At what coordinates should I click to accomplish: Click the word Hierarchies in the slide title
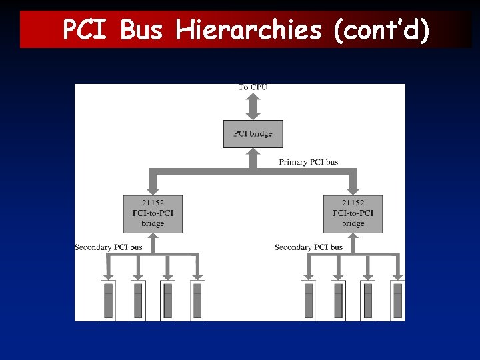[249, 30]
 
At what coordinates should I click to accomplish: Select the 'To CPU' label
[253, 87]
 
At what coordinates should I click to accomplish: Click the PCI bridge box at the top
[253, 133]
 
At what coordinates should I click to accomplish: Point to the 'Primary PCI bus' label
[308, 162]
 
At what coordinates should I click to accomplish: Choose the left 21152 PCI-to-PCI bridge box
[153, 213]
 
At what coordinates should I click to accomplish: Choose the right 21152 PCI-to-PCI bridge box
[353, 213]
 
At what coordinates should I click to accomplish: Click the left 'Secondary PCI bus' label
[109, 247]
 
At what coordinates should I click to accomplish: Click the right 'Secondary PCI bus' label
[309, 247]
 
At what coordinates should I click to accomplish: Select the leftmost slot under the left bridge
[109, 300]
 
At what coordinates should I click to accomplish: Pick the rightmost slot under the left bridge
[197, 300]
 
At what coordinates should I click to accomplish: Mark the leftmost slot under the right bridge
[308, 300]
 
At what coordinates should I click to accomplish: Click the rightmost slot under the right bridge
[397, 300]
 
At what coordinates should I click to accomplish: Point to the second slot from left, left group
[138, 300]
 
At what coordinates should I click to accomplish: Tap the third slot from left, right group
[367, 300]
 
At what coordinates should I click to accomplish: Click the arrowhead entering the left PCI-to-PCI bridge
[153, 189]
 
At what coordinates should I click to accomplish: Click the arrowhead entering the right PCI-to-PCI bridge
[353, 189]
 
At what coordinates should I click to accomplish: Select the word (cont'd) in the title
[377, 30]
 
